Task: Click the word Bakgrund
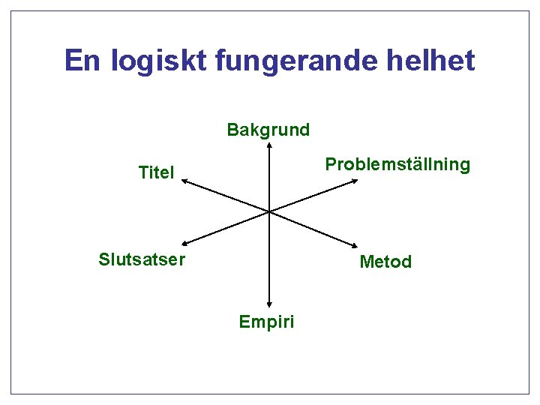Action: pos(268,130)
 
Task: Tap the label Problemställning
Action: pos(397,165)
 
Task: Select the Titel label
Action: pos(156,172)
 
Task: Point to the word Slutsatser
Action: pos(142,259)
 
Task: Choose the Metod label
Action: pos(385,262)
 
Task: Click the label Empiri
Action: pos(266,322)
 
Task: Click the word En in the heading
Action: pos(82,60)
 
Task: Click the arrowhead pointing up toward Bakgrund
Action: pos(268,146)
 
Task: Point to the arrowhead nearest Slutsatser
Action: pos(184,242)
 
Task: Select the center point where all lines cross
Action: pos(268,211)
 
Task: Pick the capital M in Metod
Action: pos(366,262)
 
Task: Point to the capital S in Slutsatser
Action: pos(104,259)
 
